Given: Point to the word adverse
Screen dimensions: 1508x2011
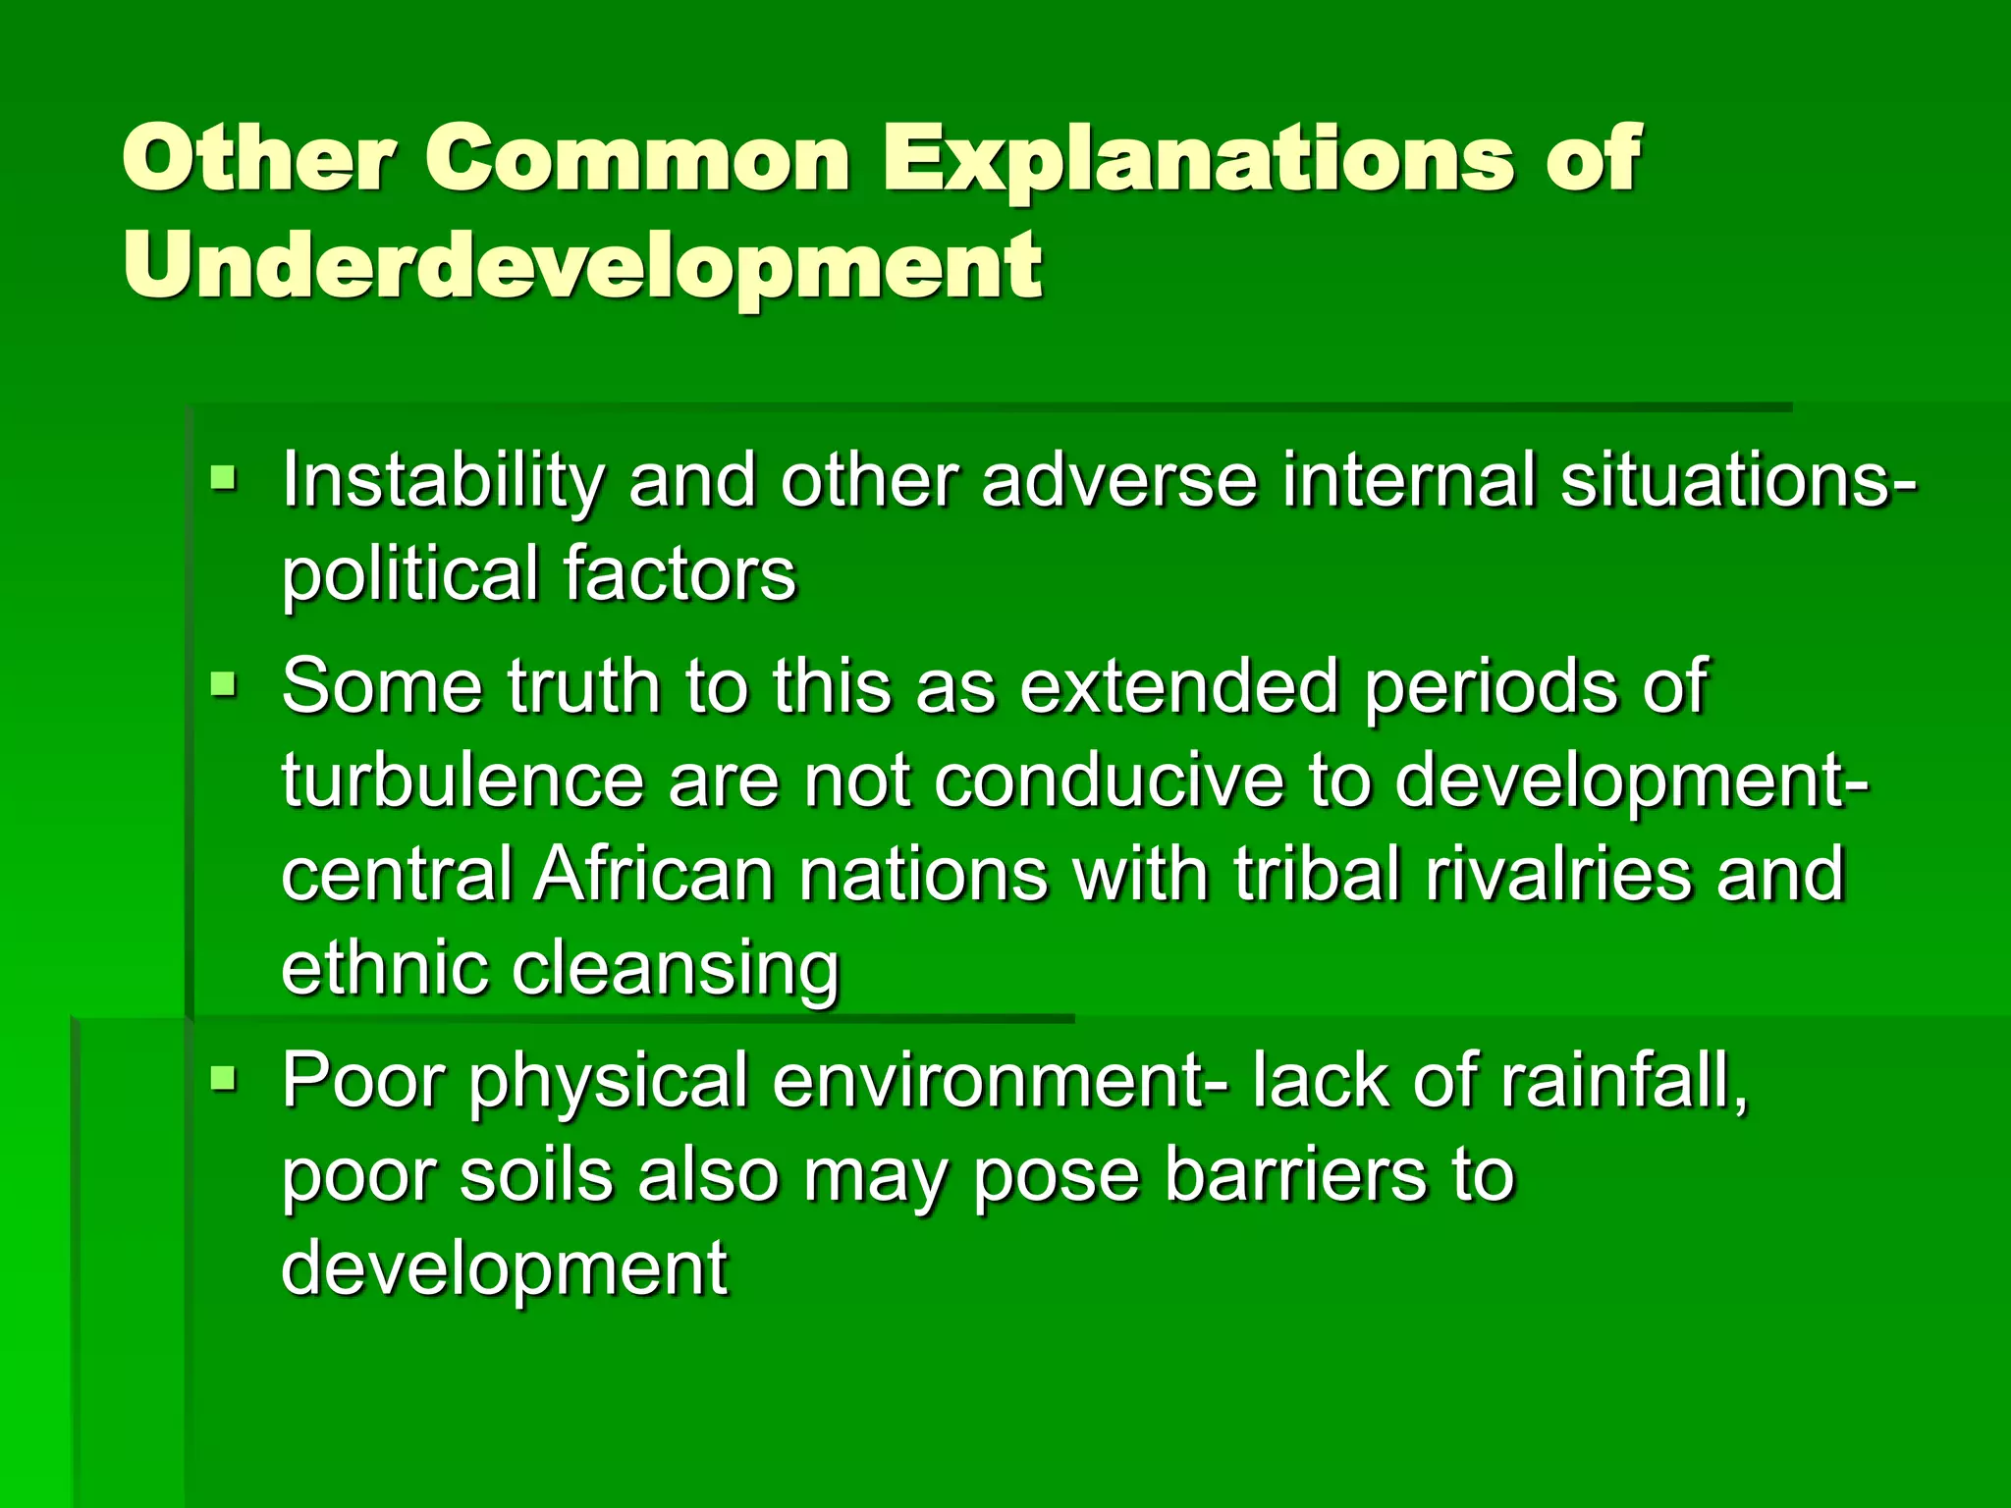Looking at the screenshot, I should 1119,481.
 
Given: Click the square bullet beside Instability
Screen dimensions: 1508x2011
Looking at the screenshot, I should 224,479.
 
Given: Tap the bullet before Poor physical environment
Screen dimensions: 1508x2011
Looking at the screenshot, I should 224,1080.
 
